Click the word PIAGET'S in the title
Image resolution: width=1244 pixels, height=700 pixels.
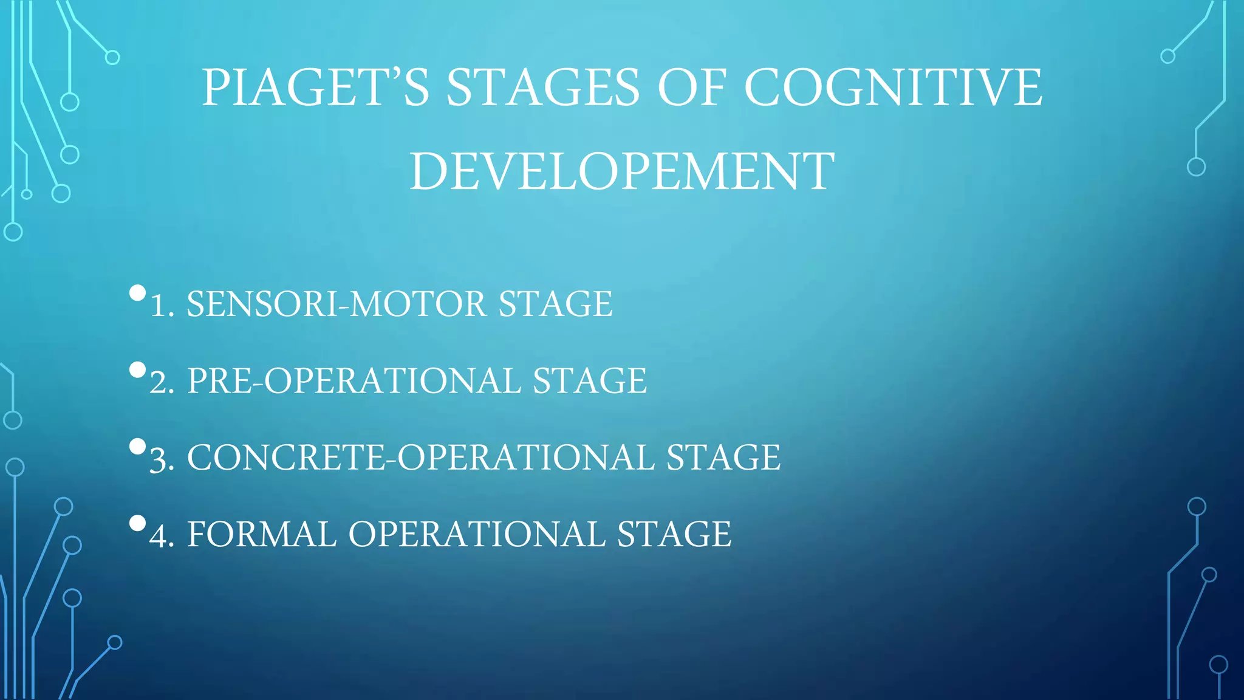pyautogui.click(x=315, y=87)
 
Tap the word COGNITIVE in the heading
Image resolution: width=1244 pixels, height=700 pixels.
pyautogui.click(x=893, y=87)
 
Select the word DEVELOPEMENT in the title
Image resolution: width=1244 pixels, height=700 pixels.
pyautogui.click(x=622, y=171)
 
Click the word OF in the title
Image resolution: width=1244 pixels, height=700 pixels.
pyautogui.click(x=692, y=87)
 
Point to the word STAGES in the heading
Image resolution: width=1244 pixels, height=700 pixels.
pyautogui.click(x=543, y=87)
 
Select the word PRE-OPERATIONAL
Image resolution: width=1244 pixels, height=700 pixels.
pyautogui.click(x=354, y=381)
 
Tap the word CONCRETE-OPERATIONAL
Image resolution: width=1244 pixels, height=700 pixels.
pyautogui.click(x=420, y=458)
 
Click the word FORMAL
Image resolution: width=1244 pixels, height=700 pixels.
pyautogui.click(x=262, y=534)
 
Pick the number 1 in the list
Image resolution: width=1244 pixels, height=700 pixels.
pyautogui.click(x=159, y=305)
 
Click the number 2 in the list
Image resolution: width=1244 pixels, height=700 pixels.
pyautogui.click(x=162, y=382)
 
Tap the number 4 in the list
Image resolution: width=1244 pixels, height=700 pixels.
pyautogui.click(x=162, y=535)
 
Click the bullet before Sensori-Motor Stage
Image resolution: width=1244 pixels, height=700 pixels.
pyautogui.click(x=138, y=293)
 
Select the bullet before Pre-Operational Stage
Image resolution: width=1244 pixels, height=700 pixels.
pyautogui.click(x=138, y=370)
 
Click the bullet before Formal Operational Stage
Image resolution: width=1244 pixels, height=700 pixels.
pyautogui.click(x=138, y=523)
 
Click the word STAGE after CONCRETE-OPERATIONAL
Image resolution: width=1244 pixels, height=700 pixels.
pyautogui.click(x=723, y=458)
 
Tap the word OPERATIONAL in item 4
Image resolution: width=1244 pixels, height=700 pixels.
pyautogui.click(x=477, y=534)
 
